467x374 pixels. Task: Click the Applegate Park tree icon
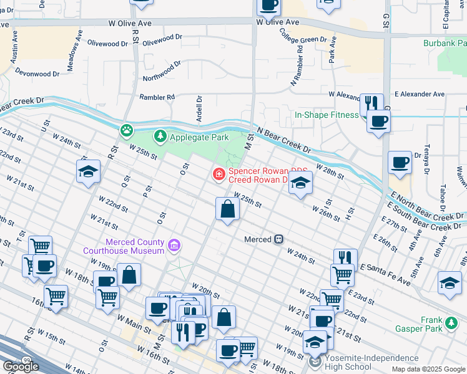[160, 136]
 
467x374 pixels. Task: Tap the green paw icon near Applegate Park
[127, 130]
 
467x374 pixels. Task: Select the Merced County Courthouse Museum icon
[174, 247]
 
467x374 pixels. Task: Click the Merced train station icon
[279, 239]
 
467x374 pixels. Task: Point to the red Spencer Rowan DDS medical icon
[219, 174]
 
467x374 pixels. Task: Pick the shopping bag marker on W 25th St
[228, 209]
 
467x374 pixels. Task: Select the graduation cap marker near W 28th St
[300, 183]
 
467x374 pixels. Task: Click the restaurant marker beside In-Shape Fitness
[371, 103]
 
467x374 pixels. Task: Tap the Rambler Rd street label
[157, 97]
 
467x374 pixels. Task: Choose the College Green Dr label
[303, 36]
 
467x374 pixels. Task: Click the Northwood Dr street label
[162, 70]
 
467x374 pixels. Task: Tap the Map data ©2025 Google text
[428, 369]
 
